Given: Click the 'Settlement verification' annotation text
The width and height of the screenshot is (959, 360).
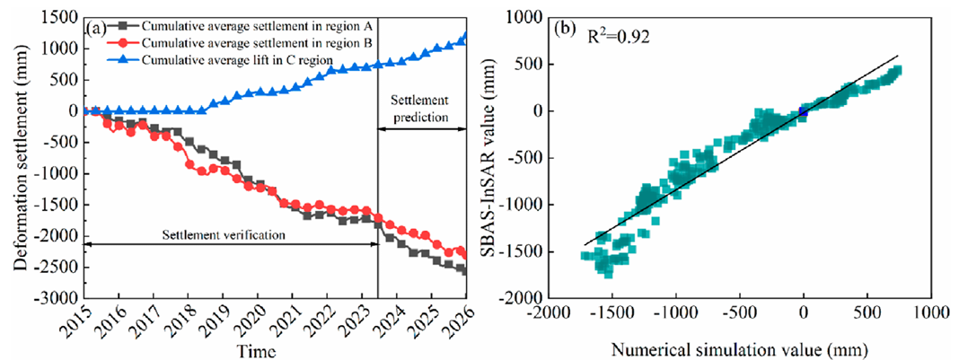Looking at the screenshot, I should tap(224, 235).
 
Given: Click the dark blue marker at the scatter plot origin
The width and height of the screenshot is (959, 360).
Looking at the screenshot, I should tap(804, 111).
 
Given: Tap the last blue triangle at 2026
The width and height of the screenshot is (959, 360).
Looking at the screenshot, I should tap(465, 38).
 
